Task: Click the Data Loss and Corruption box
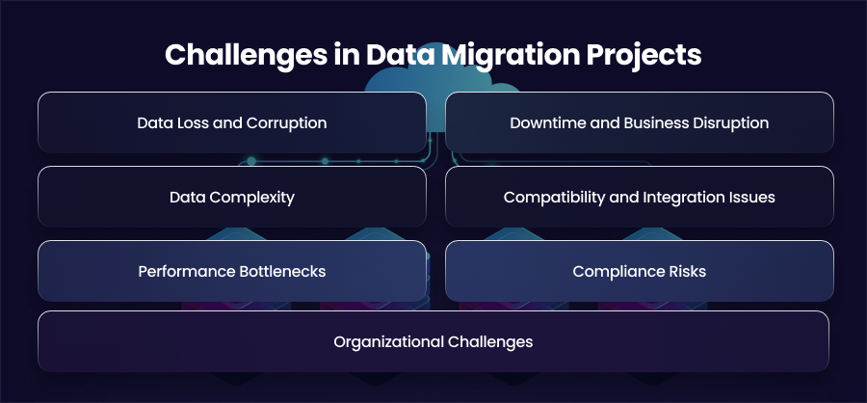pyautogui.click(x=232, y=122)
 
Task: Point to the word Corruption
pyautogui.click(x=286, y=122)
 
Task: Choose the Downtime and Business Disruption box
pyautogui.click(x=640, y=122)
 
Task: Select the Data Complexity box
pyautogui.click(x=232, y=197)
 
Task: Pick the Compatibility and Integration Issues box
pyautogui.click(x=640, y=197)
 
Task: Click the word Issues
pyautogui.click(x=755, y=197)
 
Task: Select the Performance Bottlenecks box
pyautogui.click(x=232, y=271)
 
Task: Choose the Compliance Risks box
pyautogui.click(x=640, y=271)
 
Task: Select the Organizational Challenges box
pyautogui.click(x=433, y=341)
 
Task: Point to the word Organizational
pyautogui.click(x=388, y=342)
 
